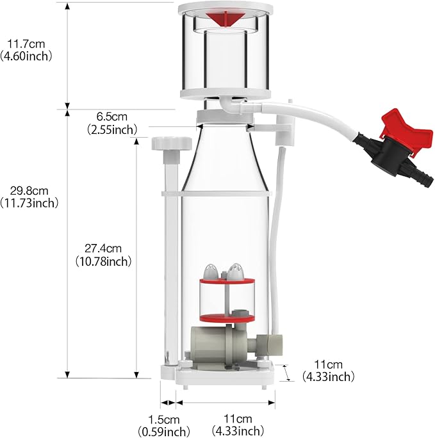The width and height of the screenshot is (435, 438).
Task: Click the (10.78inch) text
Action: point(103,261)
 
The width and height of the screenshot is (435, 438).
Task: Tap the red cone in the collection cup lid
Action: point(225,19)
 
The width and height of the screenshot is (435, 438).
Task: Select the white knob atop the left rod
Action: point(172,142)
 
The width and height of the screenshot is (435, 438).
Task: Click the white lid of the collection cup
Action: point(225,9)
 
